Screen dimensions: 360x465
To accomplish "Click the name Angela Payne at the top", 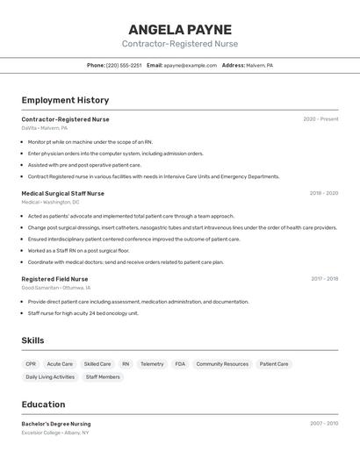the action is (x=180, y=29).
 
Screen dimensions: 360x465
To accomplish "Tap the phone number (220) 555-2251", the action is (x=124, y=65).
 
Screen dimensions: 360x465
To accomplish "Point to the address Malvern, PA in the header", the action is (x=259, y=65).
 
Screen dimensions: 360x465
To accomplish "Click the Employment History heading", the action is (x=65, y=100).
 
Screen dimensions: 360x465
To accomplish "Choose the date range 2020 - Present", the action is (x=320, y=119).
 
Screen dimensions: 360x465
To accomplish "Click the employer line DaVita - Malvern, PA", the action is (x=44, y=128).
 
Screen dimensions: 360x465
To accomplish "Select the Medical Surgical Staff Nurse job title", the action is (x=62, y=193).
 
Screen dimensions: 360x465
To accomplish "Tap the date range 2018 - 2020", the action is (x=323, y=193).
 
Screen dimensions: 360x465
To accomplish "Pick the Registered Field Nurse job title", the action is (x=54, y=279).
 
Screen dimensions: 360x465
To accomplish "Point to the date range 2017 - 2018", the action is (x=324, y=279).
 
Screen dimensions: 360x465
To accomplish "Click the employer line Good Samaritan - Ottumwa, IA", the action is (x=56, y=288).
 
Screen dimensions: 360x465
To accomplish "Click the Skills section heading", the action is (x=33, y=340).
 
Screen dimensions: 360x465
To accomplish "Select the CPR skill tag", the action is (x=31, y=364).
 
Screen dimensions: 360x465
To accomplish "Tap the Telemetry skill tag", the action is (x=152, y=364).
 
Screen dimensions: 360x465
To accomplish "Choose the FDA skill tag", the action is (x=180, y=364).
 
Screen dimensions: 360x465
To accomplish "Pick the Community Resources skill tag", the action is (x=222, y=364).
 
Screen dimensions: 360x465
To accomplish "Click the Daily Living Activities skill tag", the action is (x=50, y=377).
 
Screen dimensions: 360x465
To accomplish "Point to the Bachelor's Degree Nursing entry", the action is (x=56, y=424).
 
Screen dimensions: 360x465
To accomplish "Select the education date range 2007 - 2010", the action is (x=323, y=424).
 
